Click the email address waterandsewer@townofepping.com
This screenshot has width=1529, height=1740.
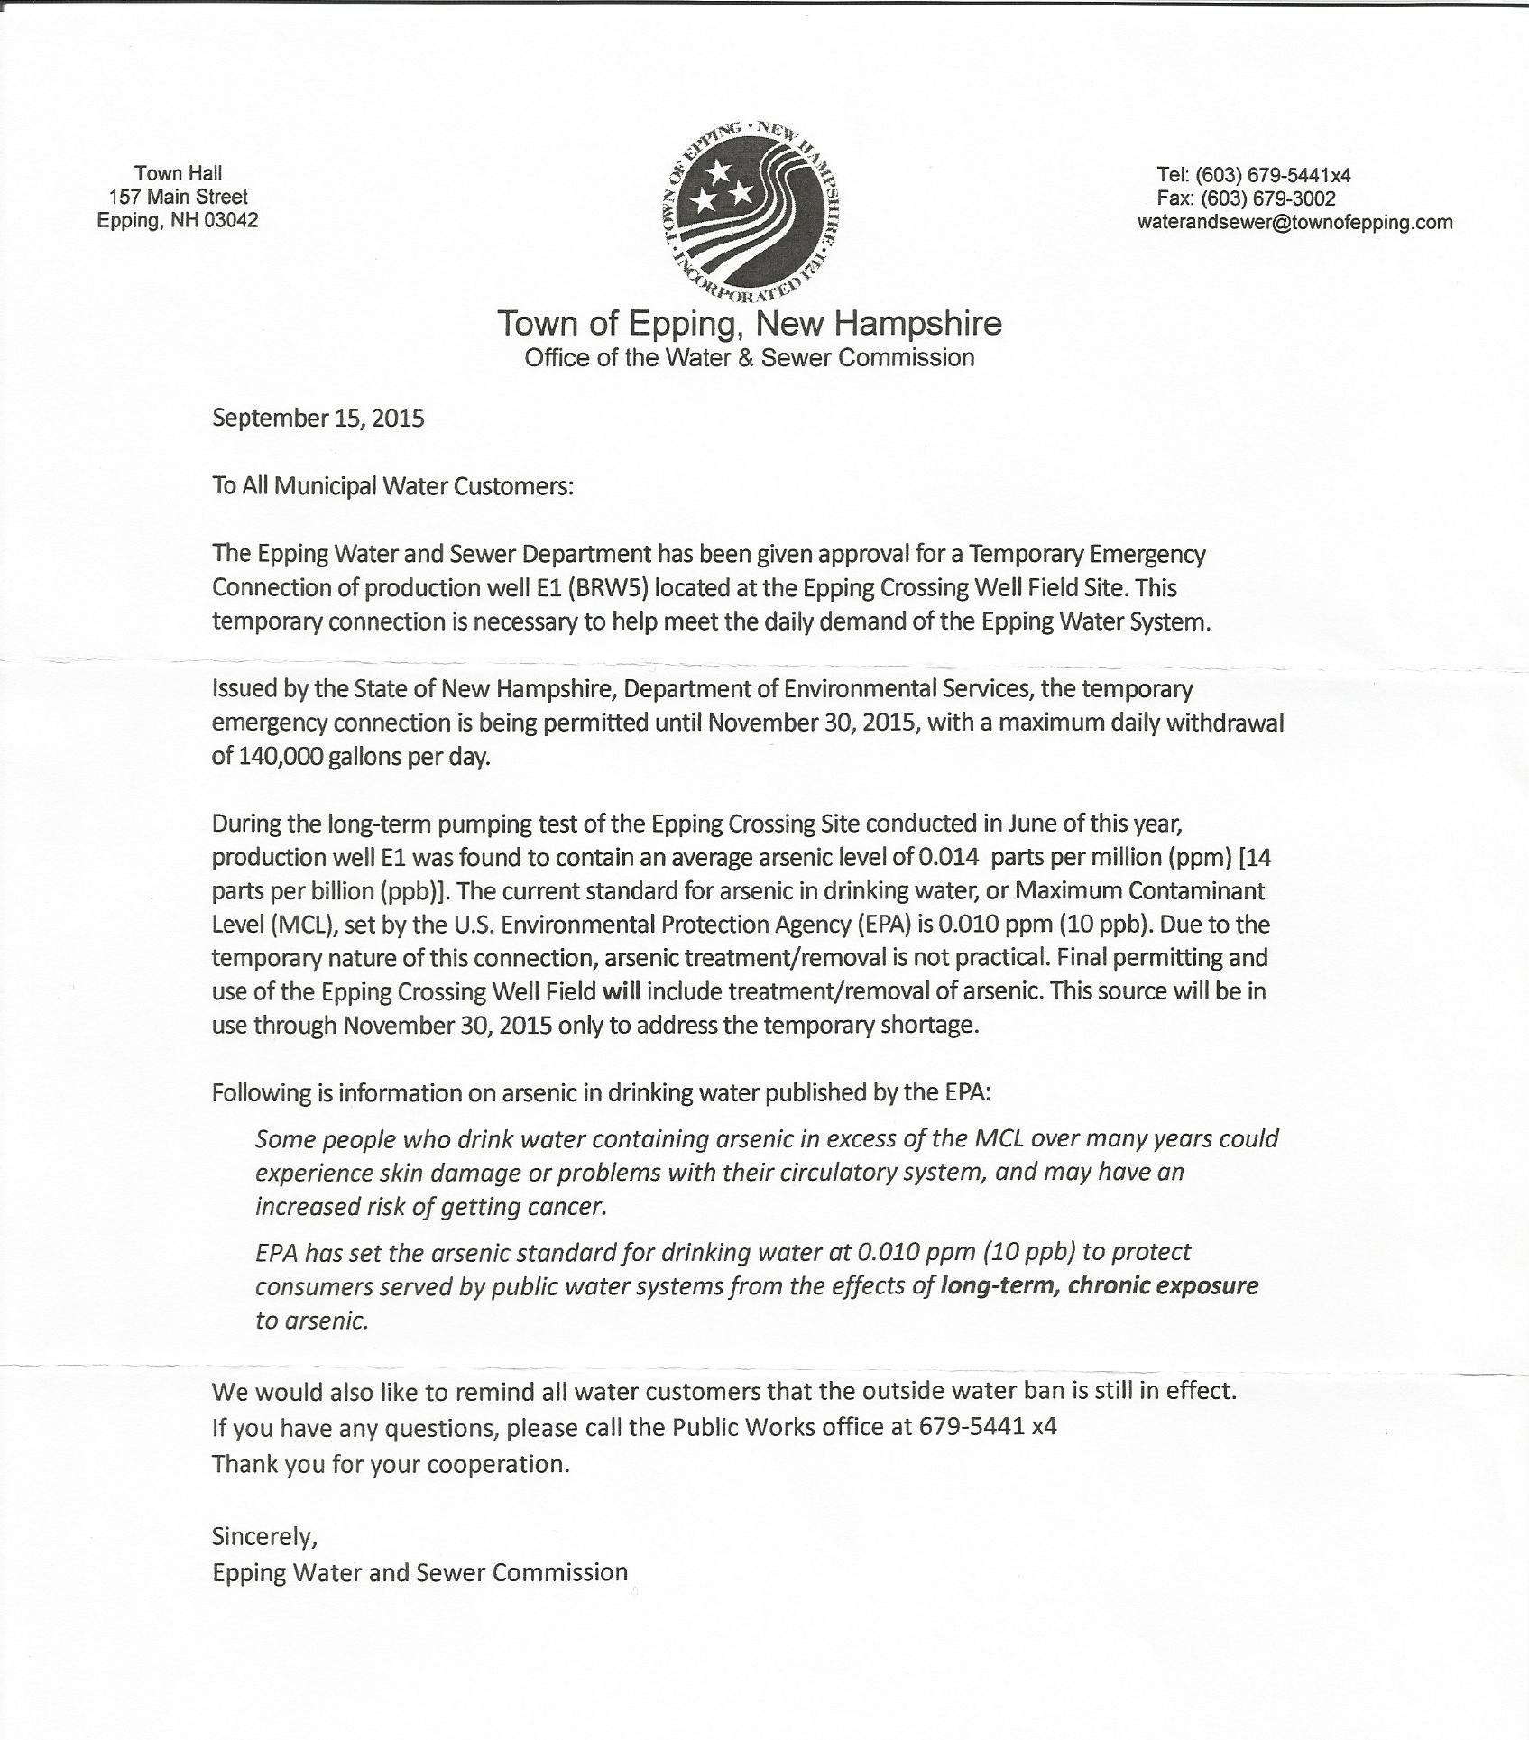[x=1294, y=222]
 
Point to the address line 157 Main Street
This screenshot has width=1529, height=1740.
[x=179, y=197]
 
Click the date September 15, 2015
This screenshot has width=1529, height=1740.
[x=318, y=419]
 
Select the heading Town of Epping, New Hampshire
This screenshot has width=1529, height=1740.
[x=749, y=323]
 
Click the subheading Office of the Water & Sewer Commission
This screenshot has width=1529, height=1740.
[x=749, y=358]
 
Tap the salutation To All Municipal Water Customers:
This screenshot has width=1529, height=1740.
[x=392, y=486]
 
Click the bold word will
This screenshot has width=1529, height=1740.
[x=621, y=991]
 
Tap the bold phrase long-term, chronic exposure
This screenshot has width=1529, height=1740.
[x=1099, y=1286]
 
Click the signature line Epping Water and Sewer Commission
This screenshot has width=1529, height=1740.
[x=419, y=1572]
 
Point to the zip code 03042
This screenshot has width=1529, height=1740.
[x=232, y=220]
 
